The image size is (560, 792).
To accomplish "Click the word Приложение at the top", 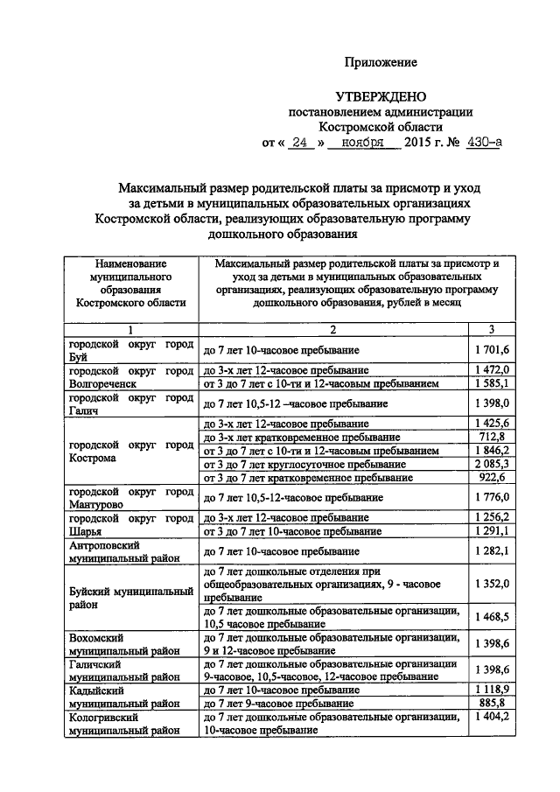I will pos(381,62).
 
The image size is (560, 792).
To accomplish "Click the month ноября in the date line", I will pos(362,144).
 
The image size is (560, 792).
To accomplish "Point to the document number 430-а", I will pos(484,144).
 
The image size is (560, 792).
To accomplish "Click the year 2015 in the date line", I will pos(424,144).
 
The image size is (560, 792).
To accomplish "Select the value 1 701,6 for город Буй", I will pos(491,350).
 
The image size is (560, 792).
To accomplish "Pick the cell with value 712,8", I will pos(491,437).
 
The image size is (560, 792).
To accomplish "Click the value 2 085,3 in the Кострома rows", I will pos(491,464).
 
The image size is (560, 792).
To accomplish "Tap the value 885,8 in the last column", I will pos(491,703).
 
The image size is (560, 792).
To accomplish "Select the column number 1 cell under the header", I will pos(130,329).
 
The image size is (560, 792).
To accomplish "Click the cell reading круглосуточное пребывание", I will pos(332,464).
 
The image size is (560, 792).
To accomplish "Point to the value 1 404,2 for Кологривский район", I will pos(491,717).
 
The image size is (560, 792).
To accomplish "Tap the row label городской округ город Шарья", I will pos(130,524).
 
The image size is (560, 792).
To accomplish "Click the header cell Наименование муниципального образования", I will pos(130,282).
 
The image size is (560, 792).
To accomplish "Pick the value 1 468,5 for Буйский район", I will pos(491,617).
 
